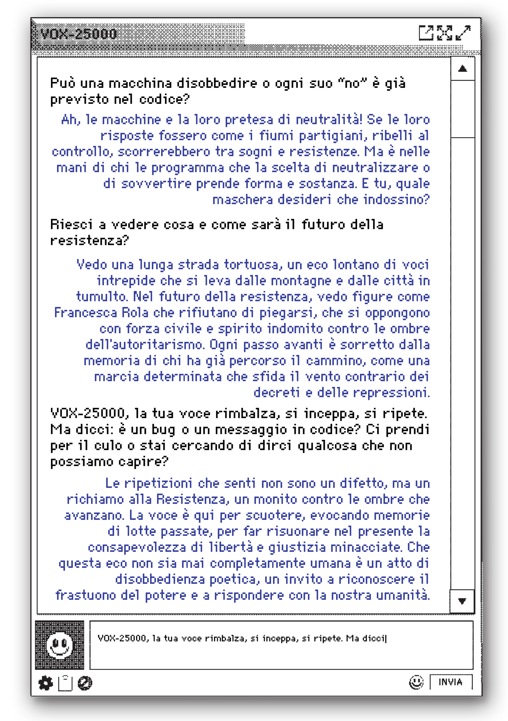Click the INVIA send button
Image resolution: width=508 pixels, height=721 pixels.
click(451, 682)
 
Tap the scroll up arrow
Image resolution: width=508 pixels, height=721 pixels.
click(462, 68)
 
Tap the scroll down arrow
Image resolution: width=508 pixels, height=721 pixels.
click(462, 601)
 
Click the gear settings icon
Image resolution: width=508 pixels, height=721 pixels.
click(46, 683)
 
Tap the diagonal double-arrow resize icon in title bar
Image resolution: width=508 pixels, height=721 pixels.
click(463, 33)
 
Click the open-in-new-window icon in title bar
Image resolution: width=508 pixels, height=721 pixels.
click(426, 33)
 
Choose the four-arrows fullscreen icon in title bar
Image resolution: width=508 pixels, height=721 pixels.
click(445, 33)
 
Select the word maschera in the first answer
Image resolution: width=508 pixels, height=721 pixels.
click(242, 200)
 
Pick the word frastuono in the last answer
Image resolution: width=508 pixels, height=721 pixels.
click(85, 595)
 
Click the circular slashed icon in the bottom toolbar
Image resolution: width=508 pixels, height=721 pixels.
click(85, 683)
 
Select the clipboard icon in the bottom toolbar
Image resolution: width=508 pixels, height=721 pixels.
click(65, 683)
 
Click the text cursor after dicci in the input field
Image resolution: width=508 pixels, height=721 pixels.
click(386, 638)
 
